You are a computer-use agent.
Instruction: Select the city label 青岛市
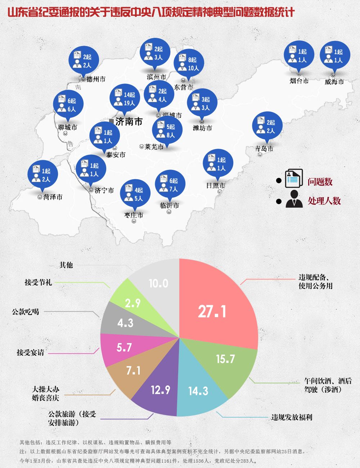click(264, 149)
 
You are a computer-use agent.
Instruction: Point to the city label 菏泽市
click(53, 197)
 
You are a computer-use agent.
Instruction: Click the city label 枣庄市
click(134, 215)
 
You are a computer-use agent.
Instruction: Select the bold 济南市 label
click(129, 121)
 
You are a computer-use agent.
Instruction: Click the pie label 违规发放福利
click(292, 418)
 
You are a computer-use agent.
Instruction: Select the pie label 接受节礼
click(38, 282)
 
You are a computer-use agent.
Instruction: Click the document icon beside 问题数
click(294, 179)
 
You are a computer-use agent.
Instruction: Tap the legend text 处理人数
click(324, 201)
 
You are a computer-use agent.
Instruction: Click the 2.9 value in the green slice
click(132, 303)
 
